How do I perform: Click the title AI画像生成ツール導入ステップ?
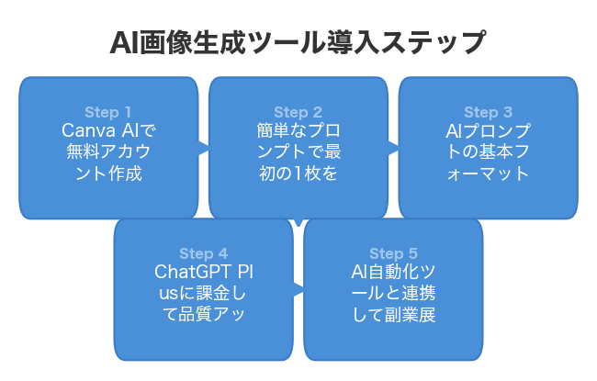pyautogui.click(x=298, y=43)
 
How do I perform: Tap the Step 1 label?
pyautogui.click(x=108, y=113)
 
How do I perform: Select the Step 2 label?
pyautogui.click(x=298, y=113)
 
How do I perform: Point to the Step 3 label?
pyautogui.click(x=488, y=113)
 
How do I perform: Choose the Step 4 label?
pyautogui.click(x=203, y=253)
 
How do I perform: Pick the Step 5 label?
pyautogui.click(x=393, y=253)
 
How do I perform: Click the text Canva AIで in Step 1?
pyautogui.click(x=108, y=131)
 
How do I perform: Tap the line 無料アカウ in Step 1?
pyautogui.click(x=108, y=152)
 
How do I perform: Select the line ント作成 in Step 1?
pyautogui.click(x=108, y=174)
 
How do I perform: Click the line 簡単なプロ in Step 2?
pyautogui.click(x=298, y=131)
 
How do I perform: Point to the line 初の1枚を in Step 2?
pyautogui.click(x=298, y=174)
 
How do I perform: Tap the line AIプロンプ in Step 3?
pyautogui.click(x=488, y=131)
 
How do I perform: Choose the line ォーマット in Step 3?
pyautogui.click(x=488, y=174)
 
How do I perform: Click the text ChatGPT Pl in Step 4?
pyautogui.click(x=203, y=273)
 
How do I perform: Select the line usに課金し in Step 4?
pyautogui.click(x=203, y=294)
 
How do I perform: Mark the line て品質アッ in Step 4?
pyautogui.click(x=203, y=315)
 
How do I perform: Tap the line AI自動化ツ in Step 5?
pyautogui.click(x=393, y=273)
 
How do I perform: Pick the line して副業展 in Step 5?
pyautogui.click(x=393, y=315)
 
